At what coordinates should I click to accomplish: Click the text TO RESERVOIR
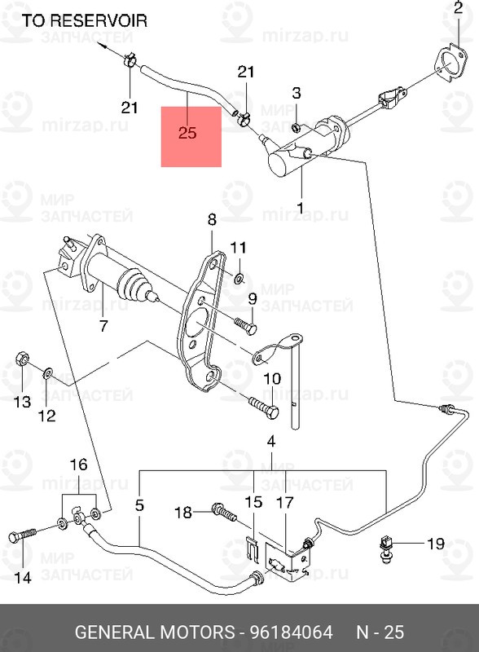85,21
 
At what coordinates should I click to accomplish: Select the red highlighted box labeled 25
191,134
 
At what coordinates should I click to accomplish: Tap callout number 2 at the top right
456,10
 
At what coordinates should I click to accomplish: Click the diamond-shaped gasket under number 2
446,63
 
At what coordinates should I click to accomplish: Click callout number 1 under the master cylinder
299,209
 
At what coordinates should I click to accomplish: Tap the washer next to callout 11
239,279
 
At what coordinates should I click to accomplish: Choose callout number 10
272,378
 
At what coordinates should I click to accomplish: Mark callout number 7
103,327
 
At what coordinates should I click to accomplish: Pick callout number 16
77,465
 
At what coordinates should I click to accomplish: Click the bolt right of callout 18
222,512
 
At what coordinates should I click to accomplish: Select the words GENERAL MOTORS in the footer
146,632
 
